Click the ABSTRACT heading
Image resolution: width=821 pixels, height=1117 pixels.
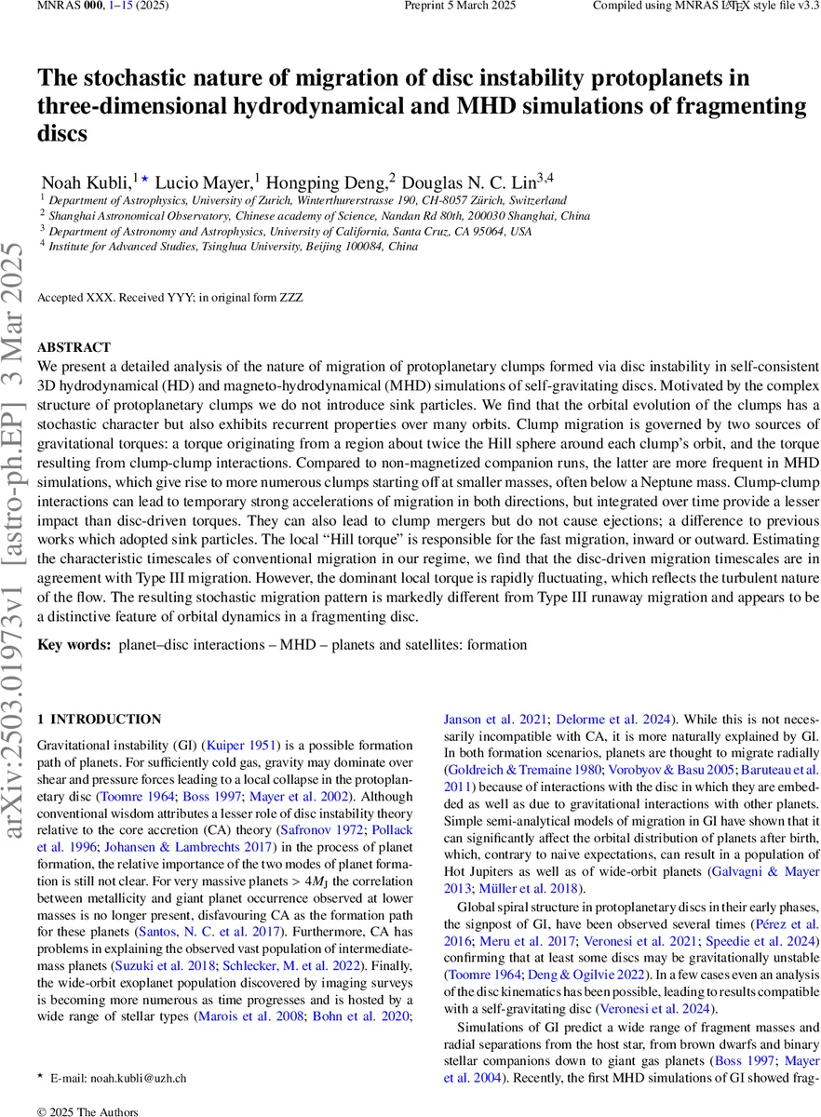[x=74, y=347]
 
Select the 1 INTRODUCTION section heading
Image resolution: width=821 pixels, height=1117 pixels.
[x=99, y=720]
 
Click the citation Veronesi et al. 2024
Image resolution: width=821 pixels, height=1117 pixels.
[x=660, y=1008]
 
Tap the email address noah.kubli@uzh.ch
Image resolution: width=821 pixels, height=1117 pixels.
[x=138, y=1078]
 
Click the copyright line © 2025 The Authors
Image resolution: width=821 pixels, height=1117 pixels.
[x=87, y=1111]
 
